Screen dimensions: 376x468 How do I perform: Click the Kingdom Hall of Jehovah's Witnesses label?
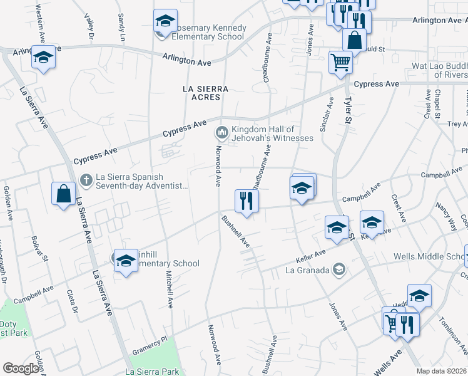click(272, 133)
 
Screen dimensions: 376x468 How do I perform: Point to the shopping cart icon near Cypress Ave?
click(340, 62)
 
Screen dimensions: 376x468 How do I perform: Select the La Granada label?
click(308, 270)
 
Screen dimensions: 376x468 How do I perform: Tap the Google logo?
click(21, 368)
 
